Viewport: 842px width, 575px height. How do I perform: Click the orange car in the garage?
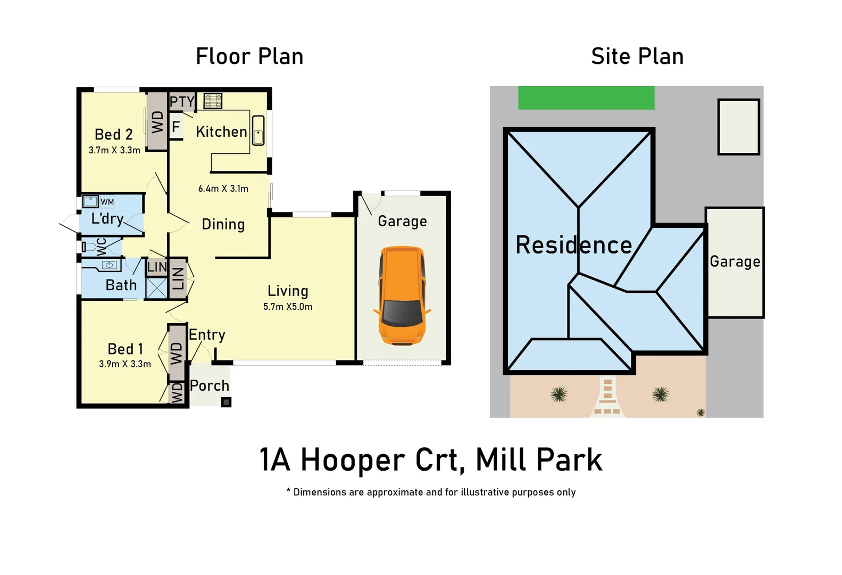click(402, 295)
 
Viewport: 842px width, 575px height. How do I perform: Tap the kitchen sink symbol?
click(258, 130)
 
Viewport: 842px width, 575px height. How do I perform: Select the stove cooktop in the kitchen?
click(213, 101)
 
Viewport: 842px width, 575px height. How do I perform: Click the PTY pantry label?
click(182, 101)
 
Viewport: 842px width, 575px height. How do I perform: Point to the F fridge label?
click(176, 127)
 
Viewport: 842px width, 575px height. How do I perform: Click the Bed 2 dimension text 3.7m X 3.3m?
click(114, 151)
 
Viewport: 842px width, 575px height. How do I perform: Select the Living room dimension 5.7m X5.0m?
click(288, 307)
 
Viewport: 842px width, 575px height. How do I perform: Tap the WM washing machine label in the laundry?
click(107, 202)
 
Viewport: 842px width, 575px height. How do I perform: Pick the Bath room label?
click(121, 285)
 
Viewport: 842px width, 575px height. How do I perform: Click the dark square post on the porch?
click(226, 402)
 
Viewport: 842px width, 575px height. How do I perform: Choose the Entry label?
click(207, 335)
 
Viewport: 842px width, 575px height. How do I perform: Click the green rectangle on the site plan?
click(586, 98)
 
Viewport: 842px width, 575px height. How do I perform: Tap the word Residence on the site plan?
click(573, 245)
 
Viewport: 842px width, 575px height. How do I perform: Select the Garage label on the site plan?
click(735, 261)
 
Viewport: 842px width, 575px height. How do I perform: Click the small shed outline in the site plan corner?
click(738, 127)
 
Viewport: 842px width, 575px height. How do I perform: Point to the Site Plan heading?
click(637, 56)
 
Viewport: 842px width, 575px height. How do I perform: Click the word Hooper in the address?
click(353, 460)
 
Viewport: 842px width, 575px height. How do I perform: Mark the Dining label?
click(223, 225)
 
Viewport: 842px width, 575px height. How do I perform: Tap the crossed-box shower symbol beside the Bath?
click(156, 287)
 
